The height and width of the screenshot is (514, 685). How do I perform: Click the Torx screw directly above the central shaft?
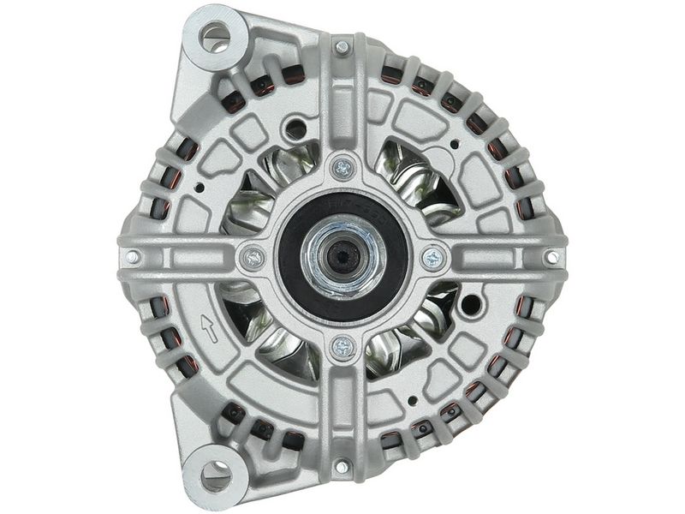pos(343,168)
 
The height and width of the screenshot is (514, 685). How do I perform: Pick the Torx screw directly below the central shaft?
pos(342,346)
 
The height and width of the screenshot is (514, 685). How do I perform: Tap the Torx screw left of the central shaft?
pos(252,256)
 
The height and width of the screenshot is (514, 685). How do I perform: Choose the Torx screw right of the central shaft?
pos(433,256)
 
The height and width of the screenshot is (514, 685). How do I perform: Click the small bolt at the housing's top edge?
pos(342,47)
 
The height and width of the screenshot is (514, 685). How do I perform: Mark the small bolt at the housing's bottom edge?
pos(342,467)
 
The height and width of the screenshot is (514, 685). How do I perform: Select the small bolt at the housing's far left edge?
pos(133,256)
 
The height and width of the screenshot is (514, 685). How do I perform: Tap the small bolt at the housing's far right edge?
pos(552,256)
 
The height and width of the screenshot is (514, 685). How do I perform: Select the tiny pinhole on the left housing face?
pos(199,187)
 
